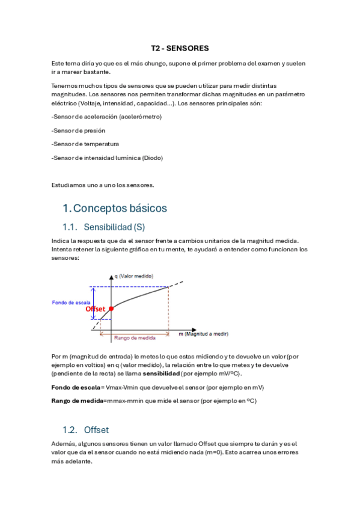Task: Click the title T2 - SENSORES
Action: (180, 48)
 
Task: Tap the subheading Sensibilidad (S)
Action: (114, 227)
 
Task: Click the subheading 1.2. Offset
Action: (96, 430)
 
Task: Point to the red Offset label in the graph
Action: (96, 309)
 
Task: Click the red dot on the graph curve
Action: (111, 308)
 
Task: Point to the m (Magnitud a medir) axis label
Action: (203, 333)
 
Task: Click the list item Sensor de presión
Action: (79, 130)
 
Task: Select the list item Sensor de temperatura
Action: (85, 144)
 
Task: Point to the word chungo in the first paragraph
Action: (148, 63)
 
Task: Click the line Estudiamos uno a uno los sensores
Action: (103, 185)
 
